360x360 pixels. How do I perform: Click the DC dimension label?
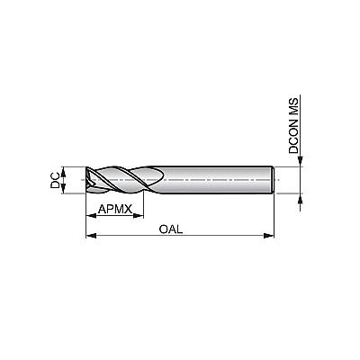pos(55,180)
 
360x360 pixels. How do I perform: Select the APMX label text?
pos(115,209)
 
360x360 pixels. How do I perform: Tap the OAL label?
pos(171,229)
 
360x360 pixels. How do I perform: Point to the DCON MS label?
pos(294,125)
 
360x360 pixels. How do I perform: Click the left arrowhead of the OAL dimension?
pos(91,236)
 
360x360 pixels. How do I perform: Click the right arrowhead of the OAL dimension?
pos(269,236)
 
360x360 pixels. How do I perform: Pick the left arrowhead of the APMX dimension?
pos(92,215)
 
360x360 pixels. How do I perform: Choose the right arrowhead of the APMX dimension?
pos(139,215)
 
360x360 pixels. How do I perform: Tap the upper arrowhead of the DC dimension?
pos(63,172)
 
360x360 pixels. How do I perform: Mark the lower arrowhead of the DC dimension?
pos(63,188)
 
